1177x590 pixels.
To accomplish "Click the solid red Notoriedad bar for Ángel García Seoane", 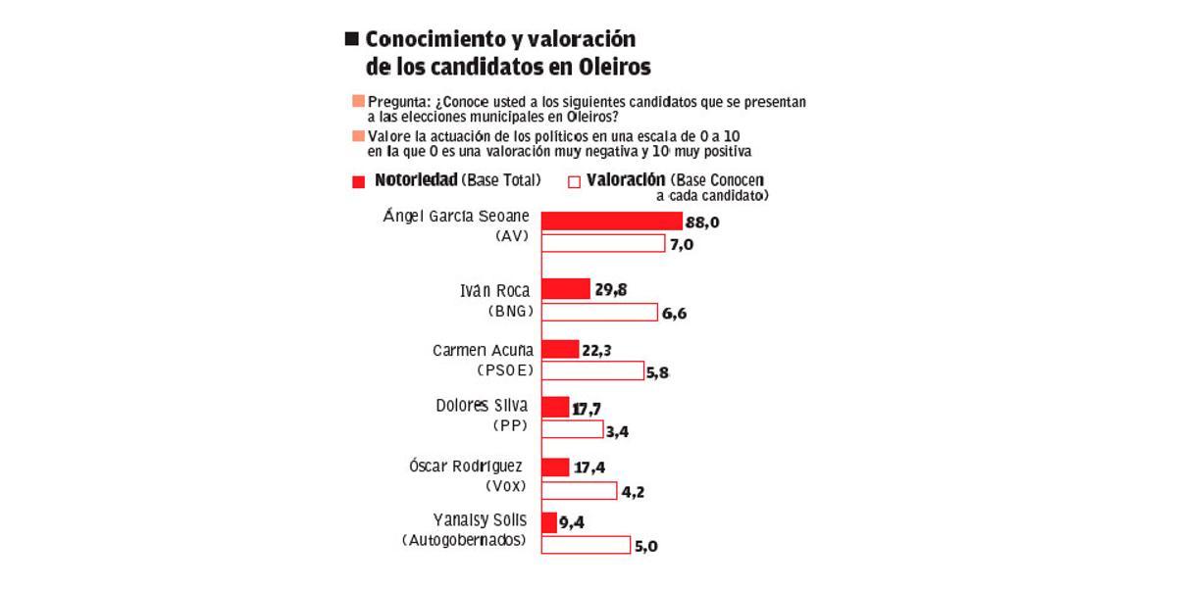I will (611, 221).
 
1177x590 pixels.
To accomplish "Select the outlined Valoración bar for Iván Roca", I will (599, 312).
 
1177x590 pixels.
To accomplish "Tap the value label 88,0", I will (702, 223).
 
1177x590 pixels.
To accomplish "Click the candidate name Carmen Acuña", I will (484, 350).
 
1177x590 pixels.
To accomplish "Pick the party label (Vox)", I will (506, 486).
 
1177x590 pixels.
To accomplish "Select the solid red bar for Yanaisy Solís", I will (549, 522).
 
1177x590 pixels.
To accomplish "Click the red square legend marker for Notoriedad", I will (358, 181).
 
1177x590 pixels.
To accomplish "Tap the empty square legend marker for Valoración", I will (574, 181).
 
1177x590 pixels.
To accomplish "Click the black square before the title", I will (351, 39).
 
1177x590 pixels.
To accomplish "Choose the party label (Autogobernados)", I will (464, 540).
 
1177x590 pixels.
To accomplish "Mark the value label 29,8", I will (611, 288).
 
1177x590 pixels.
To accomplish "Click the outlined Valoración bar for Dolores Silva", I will (572, 429).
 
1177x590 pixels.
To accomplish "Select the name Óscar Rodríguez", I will (465, 467).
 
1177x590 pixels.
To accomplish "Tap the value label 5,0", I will (645, 547).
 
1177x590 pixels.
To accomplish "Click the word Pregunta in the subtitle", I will (400, 102).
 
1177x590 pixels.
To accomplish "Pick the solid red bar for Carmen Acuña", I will (560, 349).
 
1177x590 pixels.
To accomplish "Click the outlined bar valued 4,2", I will (579, 491).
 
